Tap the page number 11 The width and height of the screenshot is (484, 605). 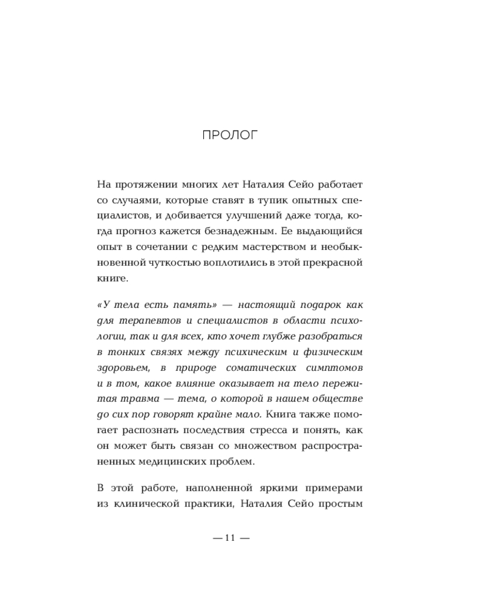tap(229, 538)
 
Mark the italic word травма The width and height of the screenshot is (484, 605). tap(137, 399)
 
